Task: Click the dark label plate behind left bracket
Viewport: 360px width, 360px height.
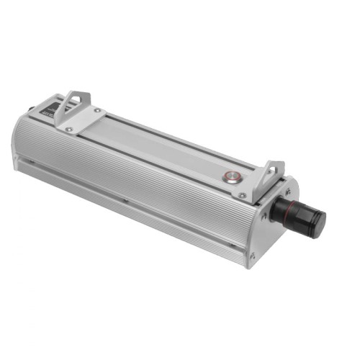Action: (x=50, y=107)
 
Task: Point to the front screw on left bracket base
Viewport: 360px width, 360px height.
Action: (x=68, y=129)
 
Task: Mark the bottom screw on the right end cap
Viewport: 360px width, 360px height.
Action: (x=252, y=254)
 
